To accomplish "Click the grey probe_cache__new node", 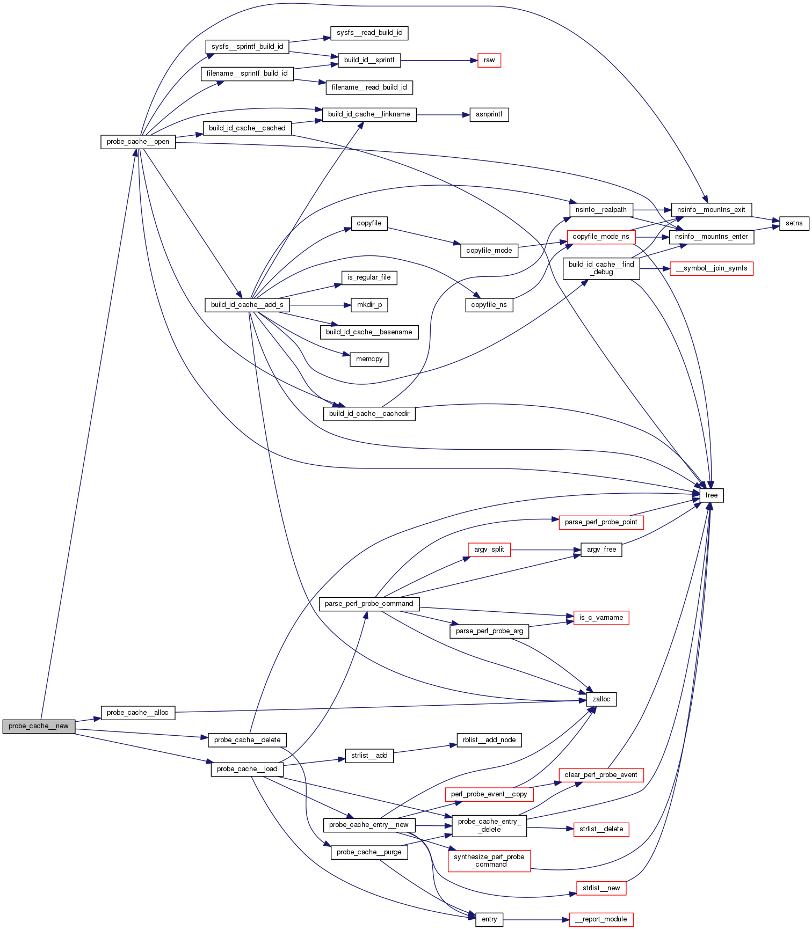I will click(x=39, y=726).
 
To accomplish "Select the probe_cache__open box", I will click(x=138, y=142).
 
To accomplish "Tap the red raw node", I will click(x=489, y=60).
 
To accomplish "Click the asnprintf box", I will click(x=489, y=114).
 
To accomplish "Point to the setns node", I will click(x=794, y=223).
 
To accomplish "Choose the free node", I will click(x=712, y=495).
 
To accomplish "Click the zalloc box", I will click(x=601, y=699).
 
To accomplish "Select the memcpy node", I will click(x=369, y=359).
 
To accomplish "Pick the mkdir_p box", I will click(x=369, y=305).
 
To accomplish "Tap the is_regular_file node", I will click(x=369, y=277).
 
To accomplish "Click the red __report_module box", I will click(x=601, y=919).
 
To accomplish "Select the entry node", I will click(x=489, y=919).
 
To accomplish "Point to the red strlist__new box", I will click(x=601, y=888).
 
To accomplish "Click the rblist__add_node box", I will click(x=489, y=740).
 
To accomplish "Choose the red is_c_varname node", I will click(x=601, y=618).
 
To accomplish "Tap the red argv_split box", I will click(x=489, y=550).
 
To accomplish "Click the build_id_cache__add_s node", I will click(x=247, y=305).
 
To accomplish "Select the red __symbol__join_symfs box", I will click(x=712, y=268).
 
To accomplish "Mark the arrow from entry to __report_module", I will click(x=536, y=919).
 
